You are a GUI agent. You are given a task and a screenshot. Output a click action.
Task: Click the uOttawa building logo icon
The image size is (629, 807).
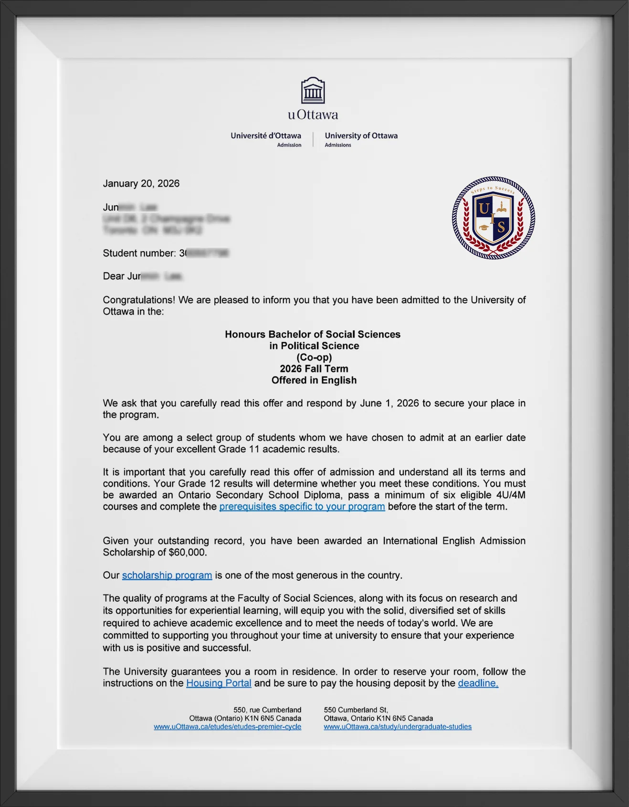(x=313, y=91)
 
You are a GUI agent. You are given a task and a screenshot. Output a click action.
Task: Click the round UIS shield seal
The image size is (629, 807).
(x=493, y=218)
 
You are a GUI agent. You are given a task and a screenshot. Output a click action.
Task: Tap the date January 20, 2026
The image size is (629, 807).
(x=141, y=184)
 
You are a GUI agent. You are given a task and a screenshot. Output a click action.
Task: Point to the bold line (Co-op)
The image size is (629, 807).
(x=314, y=357)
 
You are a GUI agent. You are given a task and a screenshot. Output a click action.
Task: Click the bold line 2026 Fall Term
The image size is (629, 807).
(x=314, y=369)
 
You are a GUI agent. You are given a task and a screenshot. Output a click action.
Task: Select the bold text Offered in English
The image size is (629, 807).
(x=314, y=380)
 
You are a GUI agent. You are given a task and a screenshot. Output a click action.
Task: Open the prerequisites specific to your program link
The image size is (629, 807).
(x=302, y=507)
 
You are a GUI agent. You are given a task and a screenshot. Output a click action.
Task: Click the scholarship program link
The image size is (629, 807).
(x=167, y=576)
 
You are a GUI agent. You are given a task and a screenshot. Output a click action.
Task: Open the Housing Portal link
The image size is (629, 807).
(x=219, y=683)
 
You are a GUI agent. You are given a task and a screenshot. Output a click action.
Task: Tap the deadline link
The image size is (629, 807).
(x=478, y=683)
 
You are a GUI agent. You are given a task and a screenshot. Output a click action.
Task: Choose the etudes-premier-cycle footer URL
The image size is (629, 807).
(x=227, y=727)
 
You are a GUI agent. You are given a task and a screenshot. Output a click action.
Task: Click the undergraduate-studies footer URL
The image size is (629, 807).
(x=398, y=727)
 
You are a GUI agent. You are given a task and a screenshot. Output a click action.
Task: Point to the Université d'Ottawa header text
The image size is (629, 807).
(x=266, y=136)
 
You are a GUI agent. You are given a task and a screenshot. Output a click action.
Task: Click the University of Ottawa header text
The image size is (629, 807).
(x=361, y=136)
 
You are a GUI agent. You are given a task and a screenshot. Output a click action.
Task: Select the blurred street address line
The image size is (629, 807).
(x=166, y=219)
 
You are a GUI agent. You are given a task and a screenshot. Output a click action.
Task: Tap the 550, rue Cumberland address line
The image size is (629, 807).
(x=267, y=710)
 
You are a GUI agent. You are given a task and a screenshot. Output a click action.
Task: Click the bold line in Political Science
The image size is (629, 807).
(x=314, y=346)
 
